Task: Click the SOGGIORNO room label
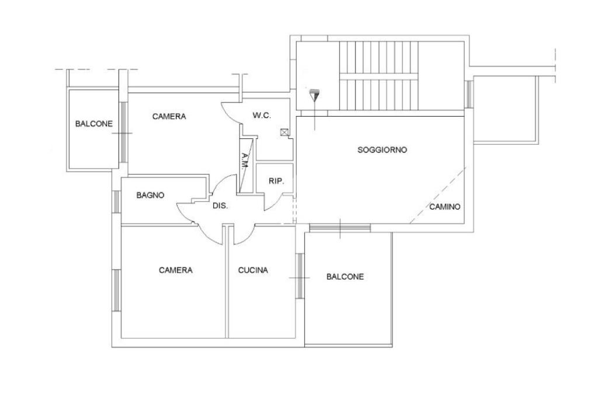382,150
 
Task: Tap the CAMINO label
445,207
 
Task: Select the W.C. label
262,116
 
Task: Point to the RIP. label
276,181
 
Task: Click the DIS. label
220,206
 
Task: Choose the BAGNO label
150,195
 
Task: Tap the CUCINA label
253,270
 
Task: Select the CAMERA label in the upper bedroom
169,117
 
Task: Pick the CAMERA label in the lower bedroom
176,270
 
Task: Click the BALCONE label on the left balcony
93,124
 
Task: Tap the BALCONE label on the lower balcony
345,277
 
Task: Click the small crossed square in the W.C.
284,132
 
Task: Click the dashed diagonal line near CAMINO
438,195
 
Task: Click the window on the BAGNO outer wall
116,202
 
